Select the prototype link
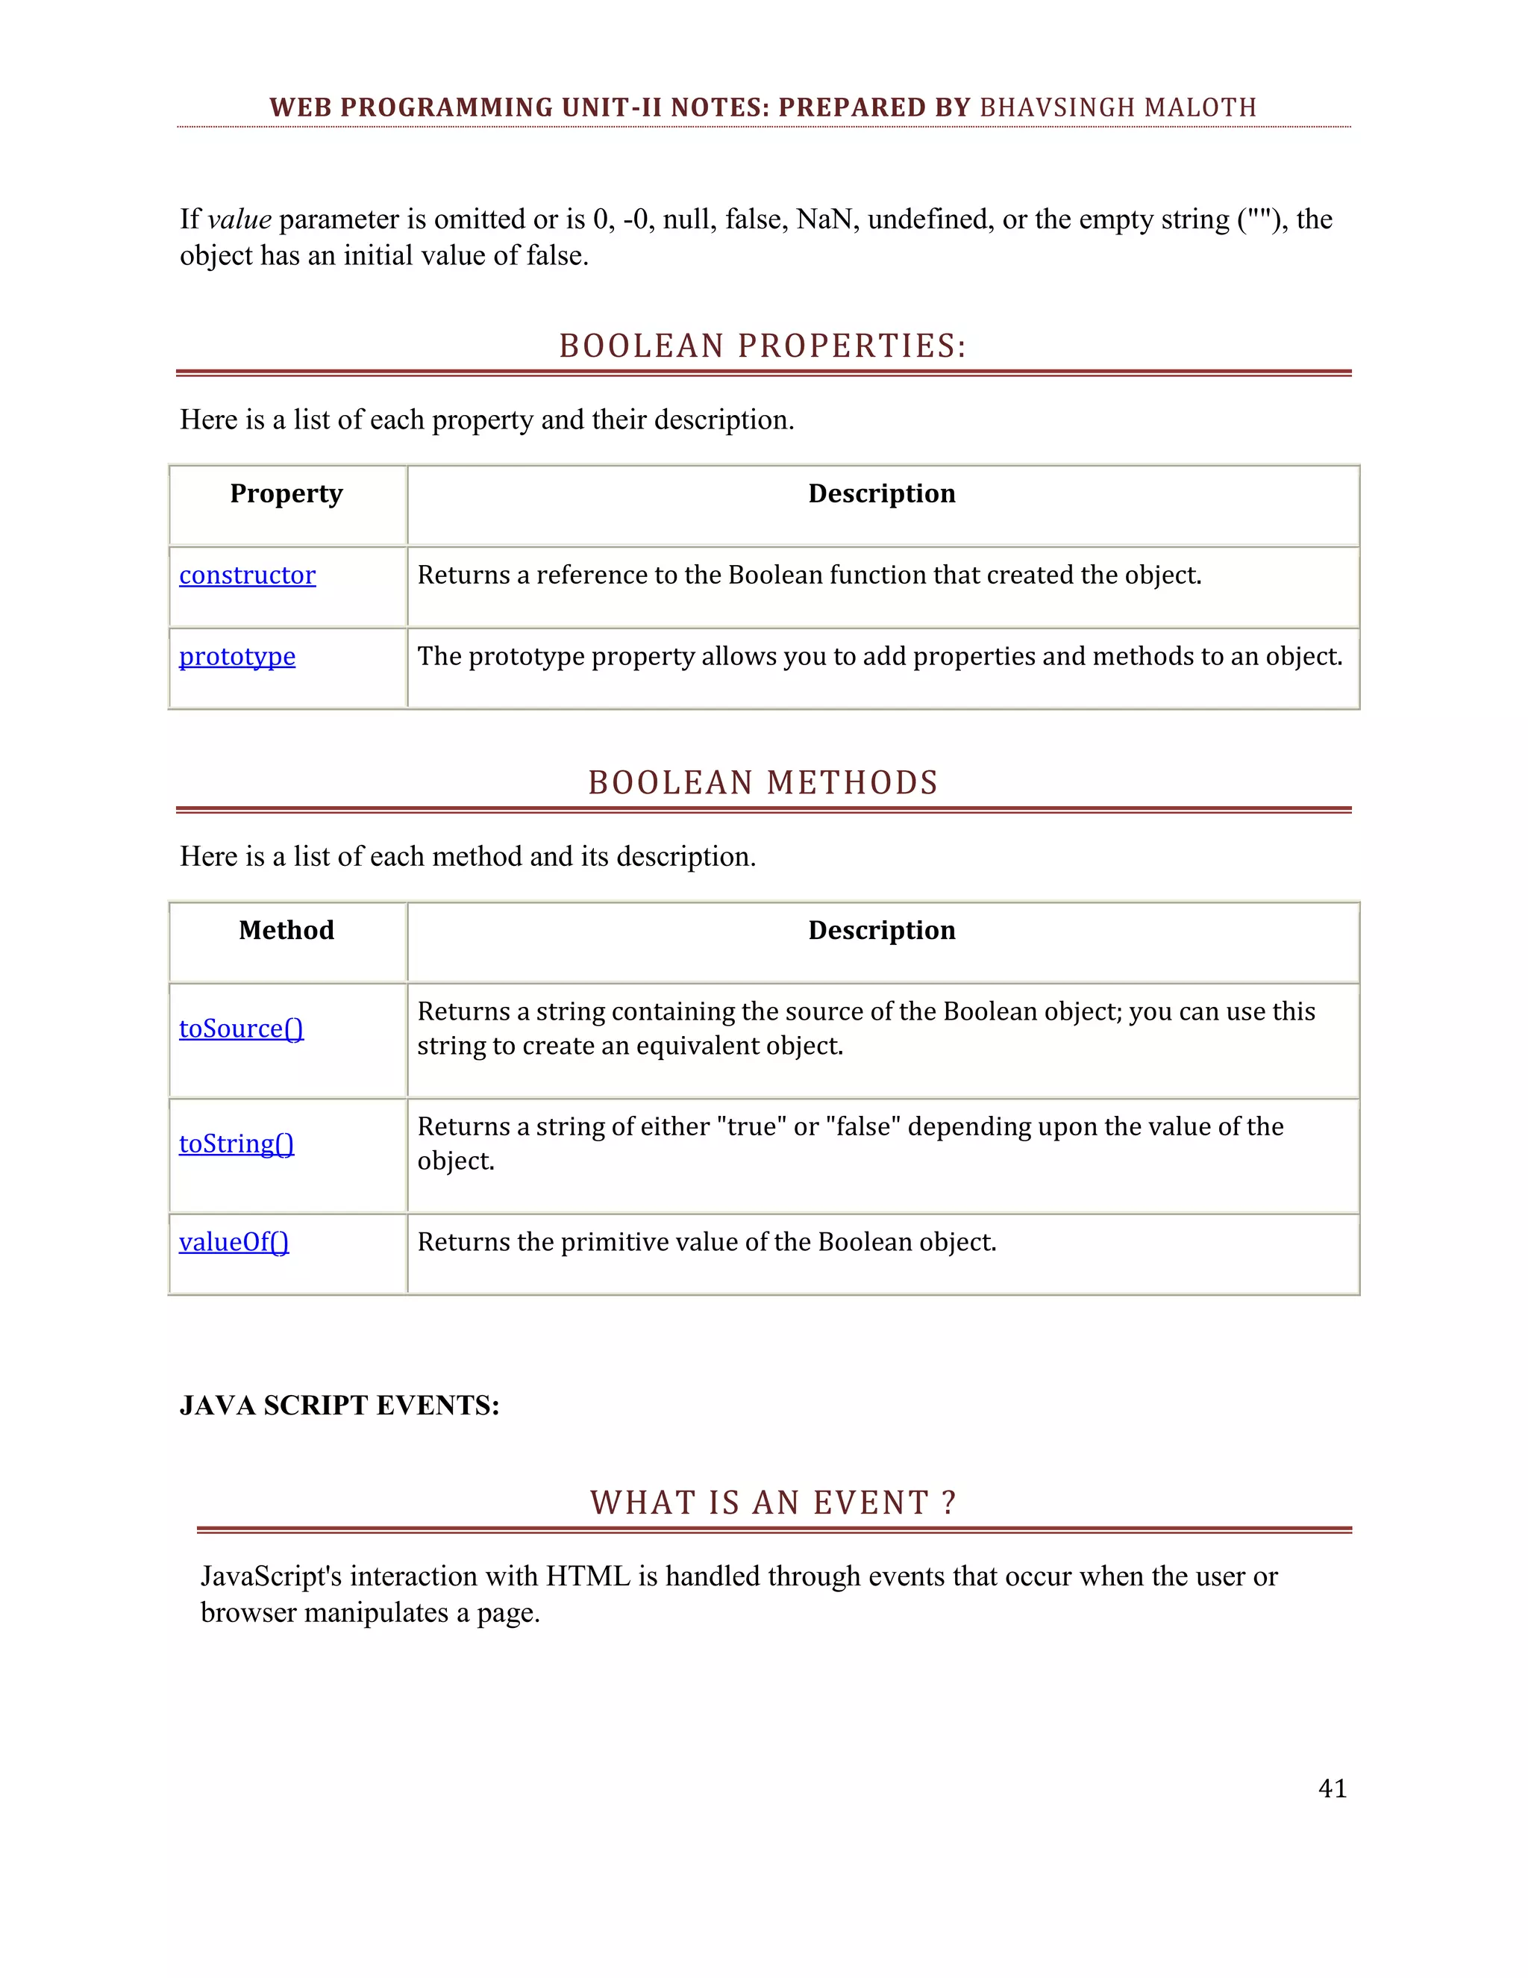coord(237,657)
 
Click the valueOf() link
coord(234,1242)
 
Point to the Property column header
coord(286,493)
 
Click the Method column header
coord(286,930)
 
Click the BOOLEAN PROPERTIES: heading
coord(763,346)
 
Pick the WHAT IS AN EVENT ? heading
coord(773,1503)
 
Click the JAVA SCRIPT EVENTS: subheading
coord(339,1405)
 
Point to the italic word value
coord(239,219)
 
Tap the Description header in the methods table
coord(882,930)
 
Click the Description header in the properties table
coord(882,493)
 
